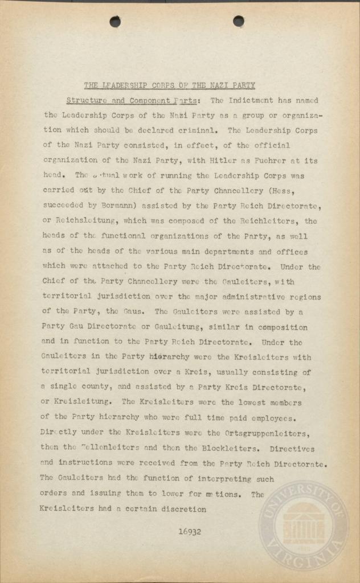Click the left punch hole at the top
coord(115,22)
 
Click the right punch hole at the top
coord(238,21)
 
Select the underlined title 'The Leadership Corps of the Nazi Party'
coord(169,86)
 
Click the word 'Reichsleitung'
coord(84,221)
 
